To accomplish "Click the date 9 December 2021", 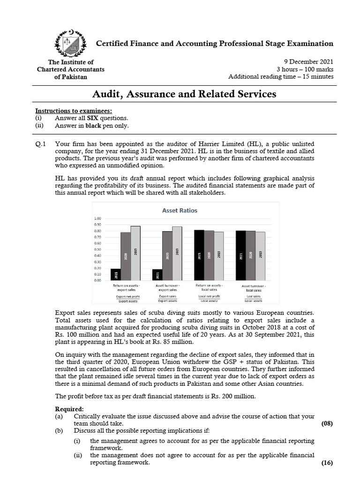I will [309, 62].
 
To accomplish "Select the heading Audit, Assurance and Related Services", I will [184, 94].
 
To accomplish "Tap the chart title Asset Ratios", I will [180, 210].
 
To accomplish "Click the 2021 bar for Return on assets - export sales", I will [116, 275].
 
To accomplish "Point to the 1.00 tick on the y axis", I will [98, 218].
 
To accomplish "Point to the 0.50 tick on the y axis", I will [98, 249].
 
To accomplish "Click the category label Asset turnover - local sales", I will [254, 288].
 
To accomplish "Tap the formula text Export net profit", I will [125, 296].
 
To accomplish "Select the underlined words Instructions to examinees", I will [74, 111].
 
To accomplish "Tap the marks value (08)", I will [327, 424].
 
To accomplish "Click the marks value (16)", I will [327, 463].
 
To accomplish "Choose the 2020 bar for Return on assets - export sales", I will [126, 256].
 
